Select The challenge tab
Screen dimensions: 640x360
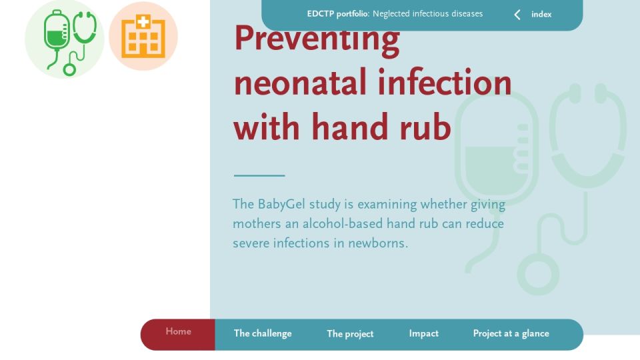click(x=263, y=333)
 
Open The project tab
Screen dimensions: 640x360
click(x=350, y=334)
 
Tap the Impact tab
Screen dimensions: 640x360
click(x=424, y=333)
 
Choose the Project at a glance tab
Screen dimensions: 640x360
click(x=511, y=333)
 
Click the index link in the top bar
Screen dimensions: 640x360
click(x=541, y=14)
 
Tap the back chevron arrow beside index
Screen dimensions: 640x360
click(x=517, y=15)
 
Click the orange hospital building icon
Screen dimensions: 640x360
click(x=143, y=36)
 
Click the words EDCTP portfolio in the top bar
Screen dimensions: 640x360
click(x=338, y=14)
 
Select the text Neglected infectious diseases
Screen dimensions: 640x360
click(x=427, y=14)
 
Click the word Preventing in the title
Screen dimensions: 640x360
click(x=317, y=40)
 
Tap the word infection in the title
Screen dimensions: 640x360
click(x=445, y=82)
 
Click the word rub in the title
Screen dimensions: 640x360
click(x=425, y=127)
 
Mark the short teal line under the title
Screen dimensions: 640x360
click(x=259, y=175)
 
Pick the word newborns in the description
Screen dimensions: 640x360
click(x=377, y=243)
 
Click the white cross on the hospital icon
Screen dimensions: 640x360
click(x=143, y=22)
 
